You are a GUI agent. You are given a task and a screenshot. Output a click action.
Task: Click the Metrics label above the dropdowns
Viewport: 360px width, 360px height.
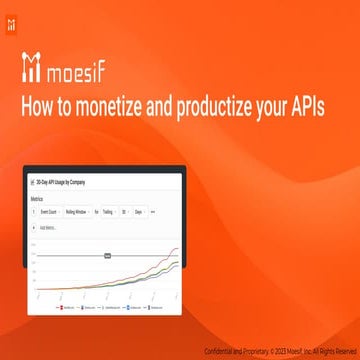click(41, 199)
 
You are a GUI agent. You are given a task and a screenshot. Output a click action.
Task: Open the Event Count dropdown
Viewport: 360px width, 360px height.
click(49, 212)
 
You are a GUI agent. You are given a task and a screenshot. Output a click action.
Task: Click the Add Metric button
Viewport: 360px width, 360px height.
click(46, 227)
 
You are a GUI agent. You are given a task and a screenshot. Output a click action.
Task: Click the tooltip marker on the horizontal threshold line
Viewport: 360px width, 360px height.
click(106, 256)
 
